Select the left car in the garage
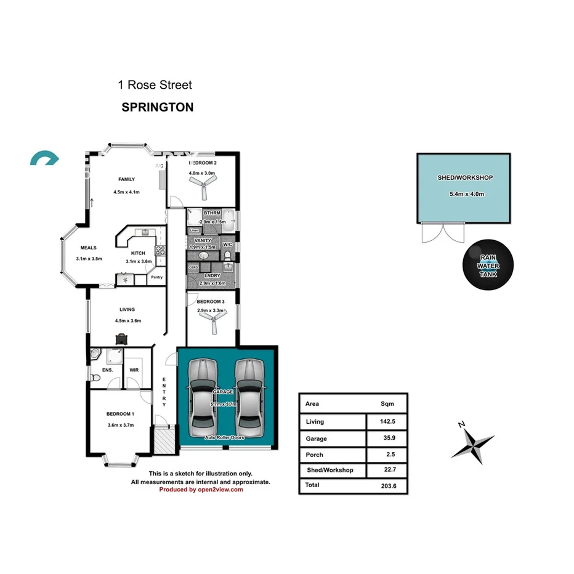coord(203,394)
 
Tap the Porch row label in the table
coord(315,455)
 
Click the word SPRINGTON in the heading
coord(158,107)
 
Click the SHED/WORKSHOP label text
coord(465,177)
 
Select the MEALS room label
coord(88,249)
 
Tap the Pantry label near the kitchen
coord(156,277)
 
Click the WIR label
coord(134,370)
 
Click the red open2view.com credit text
coord(201,490)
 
